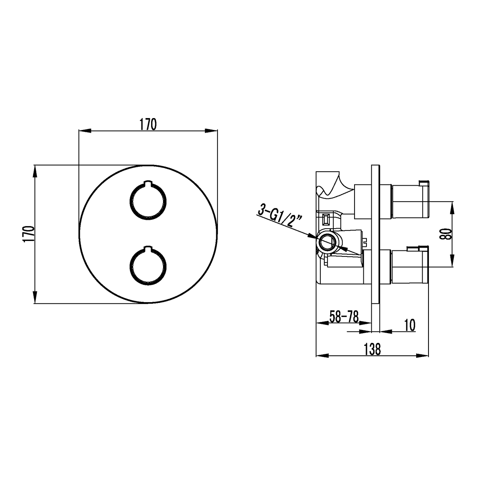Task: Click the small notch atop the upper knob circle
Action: tap(148, 183)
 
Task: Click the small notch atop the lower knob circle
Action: tap(148, 248)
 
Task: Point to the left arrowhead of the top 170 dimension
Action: tap(85, 130)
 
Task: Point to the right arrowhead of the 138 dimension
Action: tap(422, 355)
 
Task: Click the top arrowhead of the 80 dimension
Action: tap(452, 208)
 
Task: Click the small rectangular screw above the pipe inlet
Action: tap(326, 219)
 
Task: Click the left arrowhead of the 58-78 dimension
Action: tap(322, 323)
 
